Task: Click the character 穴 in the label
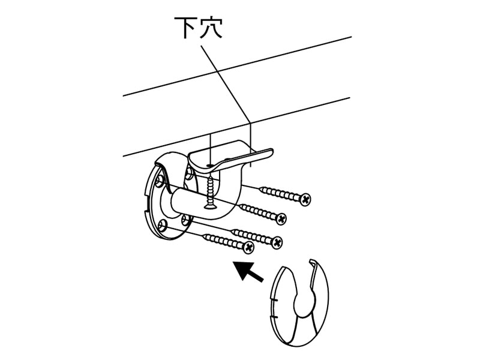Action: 211,28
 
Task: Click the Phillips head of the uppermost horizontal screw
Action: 305,199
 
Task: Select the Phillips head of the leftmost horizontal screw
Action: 249,247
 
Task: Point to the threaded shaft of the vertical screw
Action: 211,190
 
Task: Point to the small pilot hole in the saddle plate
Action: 209,166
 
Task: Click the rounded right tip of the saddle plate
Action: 269,152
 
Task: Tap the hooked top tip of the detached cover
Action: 312,262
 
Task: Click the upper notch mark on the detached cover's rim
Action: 274,301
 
